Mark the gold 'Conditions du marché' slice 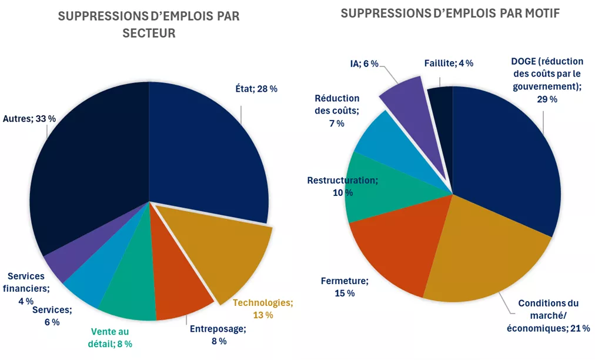pyautogui.click(x=482, y=259)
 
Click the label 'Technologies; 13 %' pyautogui.click(x=262, y=309)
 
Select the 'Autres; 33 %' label pyautogui.click(x=29, y=118)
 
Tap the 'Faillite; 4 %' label pyautogui.click(x=449, y=64)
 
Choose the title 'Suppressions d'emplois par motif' pyautogui.click(x=450, y=13)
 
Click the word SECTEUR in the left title pyautogui.click(x=149, y=34)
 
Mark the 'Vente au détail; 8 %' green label pyautogui.click(x=111, y=338)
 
